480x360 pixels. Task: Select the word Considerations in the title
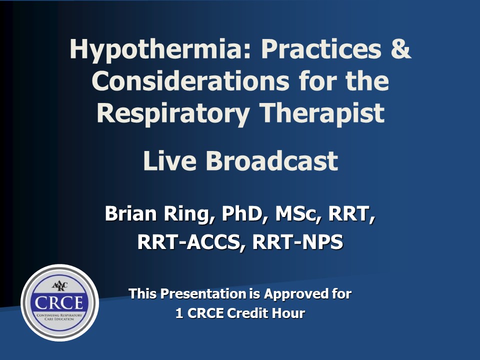coord(190,81)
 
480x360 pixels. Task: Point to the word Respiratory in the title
coord(173,114)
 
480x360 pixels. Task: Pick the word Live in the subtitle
coord(169,160)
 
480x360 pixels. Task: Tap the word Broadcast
coord(272,160)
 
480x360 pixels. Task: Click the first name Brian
coord(130,213)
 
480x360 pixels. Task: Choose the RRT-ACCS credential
coord(191,242)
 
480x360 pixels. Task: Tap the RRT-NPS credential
coord(297,242)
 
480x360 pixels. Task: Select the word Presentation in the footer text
coord(203,294)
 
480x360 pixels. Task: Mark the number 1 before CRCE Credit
coord(179,313)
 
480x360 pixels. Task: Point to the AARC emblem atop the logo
coord(59,286)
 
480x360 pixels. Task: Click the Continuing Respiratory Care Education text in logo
coord(59,317)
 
